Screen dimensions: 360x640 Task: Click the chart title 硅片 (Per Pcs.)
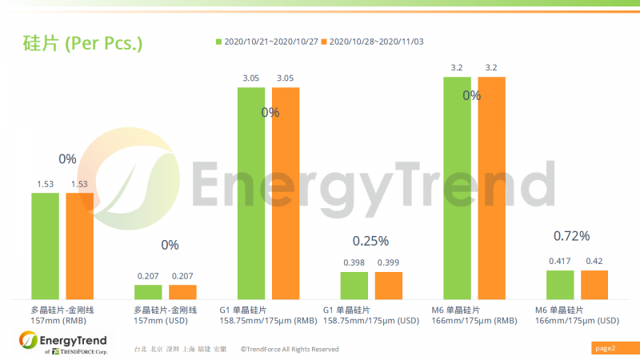pos(82,43)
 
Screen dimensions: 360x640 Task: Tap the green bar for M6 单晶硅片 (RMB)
pos(458,188)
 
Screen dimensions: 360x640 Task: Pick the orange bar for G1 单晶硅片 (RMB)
pos(286,192)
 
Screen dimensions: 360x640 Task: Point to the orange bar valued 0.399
pos(389,286)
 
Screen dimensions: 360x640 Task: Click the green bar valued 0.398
pos(354,286)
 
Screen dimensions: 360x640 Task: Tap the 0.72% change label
pos(571,236)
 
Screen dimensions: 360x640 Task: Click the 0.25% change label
pos(370,240)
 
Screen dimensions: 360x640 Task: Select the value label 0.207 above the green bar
pos(148,276)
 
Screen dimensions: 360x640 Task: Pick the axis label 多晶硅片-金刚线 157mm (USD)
pos(165,315)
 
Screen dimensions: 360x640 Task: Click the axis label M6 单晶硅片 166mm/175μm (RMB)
pos(473,315)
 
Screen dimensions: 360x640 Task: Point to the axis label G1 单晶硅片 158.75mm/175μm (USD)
pos(370,315)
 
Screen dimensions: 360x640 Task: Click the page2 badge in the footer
pos(605,348)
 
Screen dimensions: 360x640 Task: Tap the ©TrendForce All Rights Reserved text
pos(294,349)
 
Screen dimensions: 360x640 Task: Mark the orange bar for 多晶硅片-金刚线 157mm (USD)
pos(182,292)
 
